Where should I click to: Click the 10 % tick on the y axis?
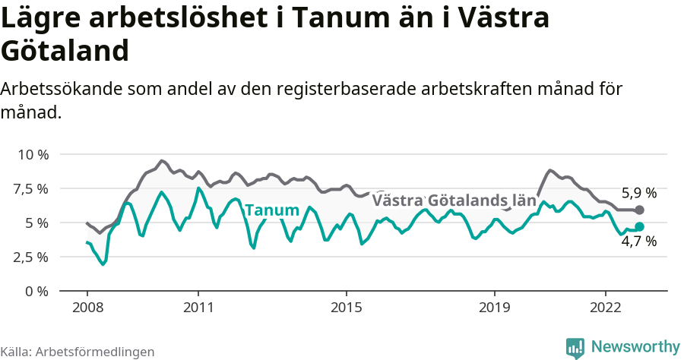33,154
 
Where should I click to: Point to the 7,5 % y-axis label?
33,188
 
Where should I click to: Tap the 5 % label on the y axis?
38,223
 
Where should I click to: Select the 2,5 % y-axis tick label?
33,257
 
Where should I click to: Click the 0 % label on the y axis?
38,291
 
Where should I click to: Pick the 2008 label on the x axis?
87,308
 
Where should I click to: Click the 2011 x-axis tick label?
198,308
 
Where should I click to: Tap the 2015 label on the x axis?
347,308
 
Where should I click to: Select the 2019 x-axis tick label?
495,308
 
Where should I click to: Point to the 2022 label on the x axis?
606,308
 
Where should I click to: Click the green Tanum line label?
271,210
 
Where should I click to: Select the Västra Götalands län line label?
454,201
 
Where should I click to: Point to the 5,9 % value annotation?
638,193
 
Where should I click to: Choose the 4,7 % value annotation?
638,242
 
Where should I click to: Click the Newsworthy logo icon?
575,347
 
